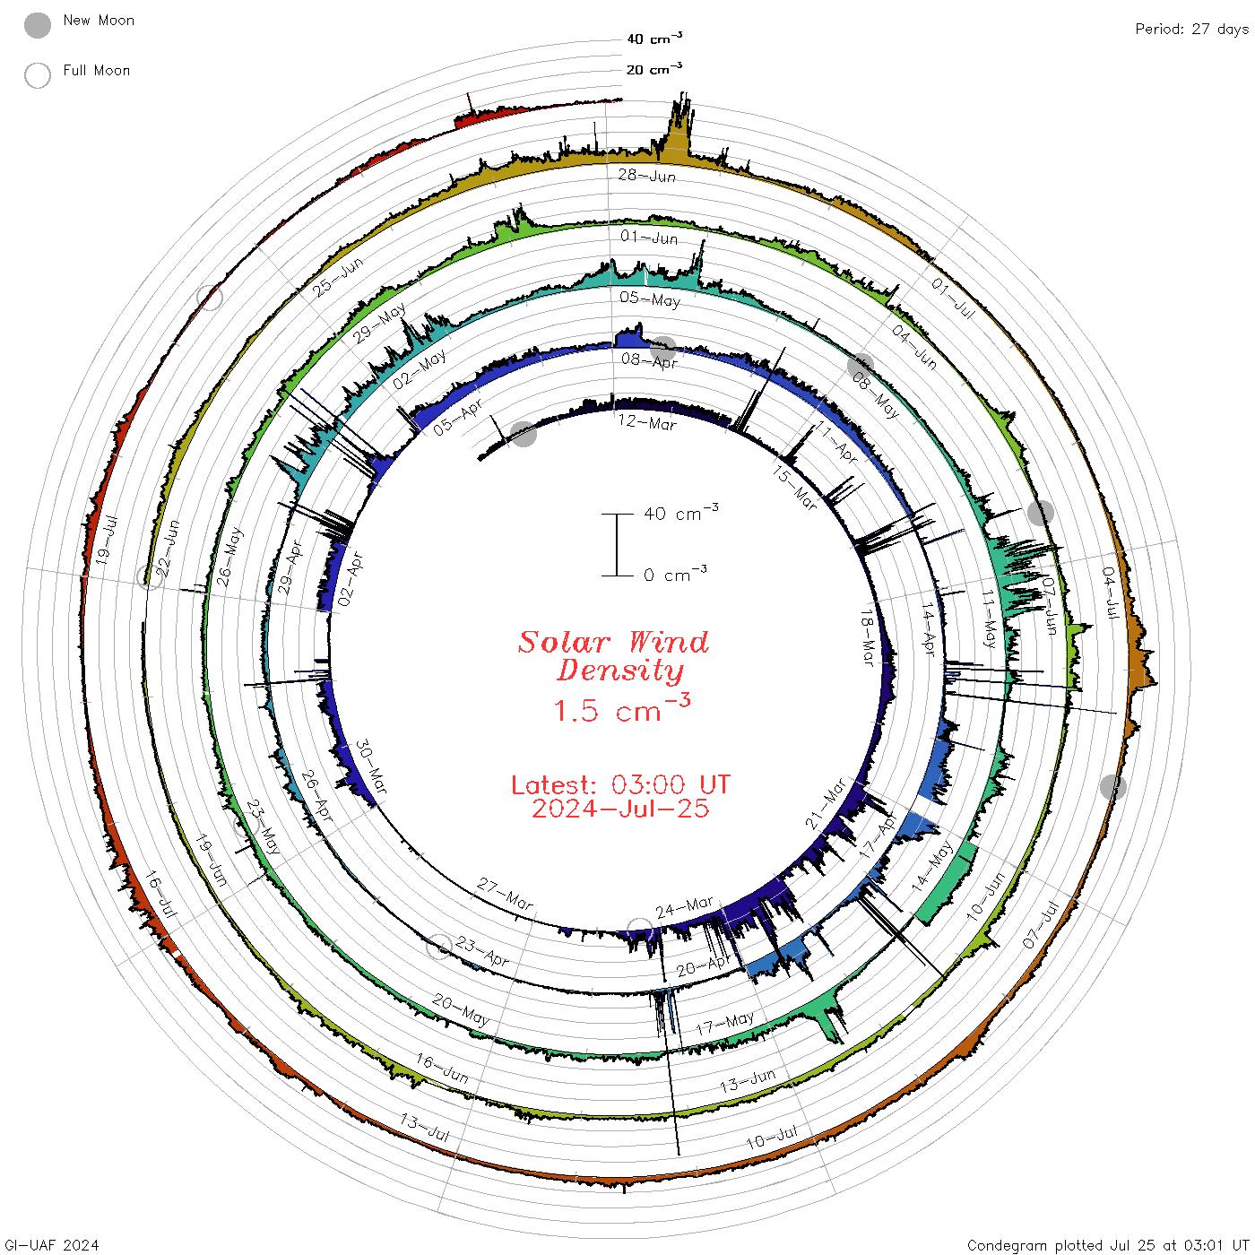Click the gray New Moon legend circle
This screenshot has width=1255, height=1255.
38,25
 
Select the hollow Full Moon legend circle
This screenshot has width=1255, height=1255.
38,75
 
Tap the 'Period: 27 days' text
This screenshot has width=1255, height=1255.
1191,30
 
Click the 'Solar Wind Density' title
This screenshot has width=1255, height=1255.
614,656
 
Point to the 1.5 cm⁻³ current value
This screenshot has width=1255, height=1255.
621,708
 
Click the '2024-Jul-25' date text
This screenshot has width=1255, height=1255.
620,809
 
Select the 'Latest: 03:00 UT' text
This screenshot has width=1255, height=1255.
620,784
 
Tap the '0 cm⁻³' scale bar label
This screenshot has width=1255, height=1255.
675,575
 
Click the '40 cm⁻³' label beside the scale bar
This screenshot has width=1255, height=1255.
680,513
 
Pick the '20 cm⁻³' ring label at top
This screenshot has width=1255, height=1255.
653,69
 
